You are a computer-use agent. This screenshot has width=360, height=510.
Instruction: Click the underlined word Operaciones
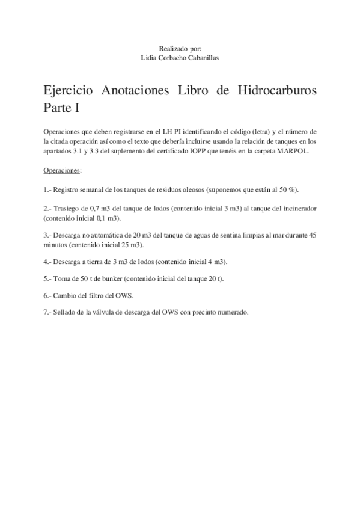point(62,170)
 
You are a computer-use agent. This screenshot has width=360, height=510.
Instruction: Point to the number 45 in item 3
point(312,235)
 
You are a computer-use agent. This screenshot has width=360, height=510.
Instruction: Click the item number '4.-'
point(47,263)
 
